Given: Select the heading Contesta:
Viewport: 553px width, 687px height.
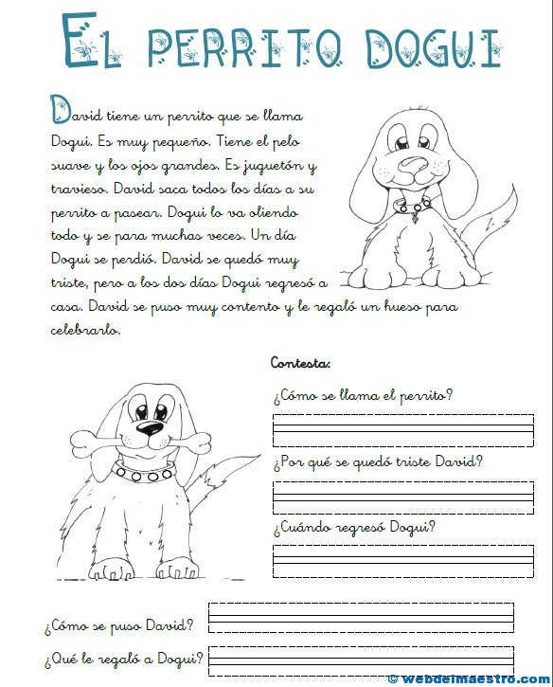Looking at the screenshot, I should (x=300, y=362).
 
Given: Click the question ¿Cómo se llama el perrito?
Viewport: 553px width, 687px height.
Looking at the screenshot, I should (x=363, y=395).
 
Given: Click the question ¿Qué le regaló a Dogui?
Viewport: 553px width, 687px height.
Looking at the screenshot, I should (x=123, y=659).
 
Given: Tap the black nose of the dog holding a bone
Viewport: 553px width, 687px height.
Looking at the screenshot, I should (x=149, y=429).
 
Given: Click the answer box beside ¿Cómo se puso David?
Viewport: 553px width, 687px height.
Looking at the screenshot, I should (x=361, y=616).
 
